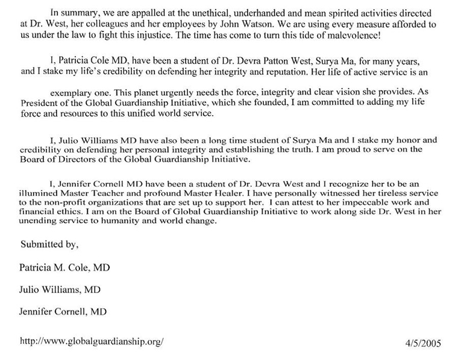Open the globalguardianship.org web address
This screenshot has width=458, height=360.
coord(92,340)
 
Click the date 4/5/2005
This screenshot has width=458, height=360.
coord(424,344)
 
